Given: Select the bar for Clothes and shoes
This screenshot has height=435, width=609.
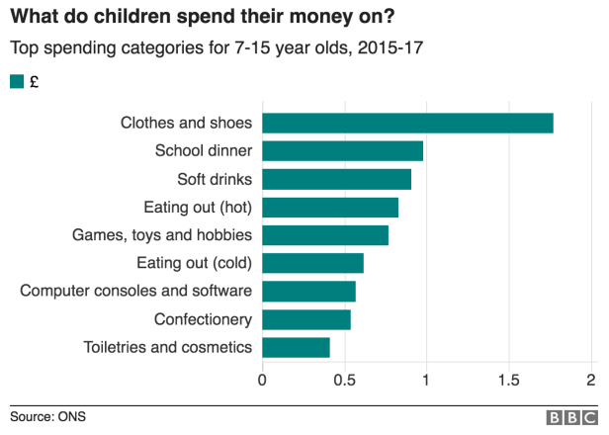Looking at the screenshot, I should [x=407, y=123].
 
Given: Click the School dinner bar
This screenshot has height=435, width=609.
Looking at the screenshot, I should [x=342, y=151].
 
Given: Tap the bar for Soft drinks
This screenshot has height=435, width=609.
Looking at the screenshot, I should [x=336, y=179].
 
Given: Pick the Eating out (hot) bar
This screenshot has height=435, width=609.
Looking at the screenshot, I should [x=330, y=208].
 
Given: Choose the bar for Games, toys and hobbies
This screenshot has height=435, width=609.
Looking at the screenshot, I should [x=325, y=235].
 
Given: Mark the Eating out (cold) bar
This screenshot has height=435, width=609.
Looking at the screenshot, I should [x=312, y=263].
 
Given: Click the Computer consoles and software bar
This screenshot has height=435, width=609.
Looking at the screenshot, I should [x=308, y=292].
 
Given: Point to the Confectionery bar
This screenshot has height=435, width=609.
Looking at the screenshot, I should [x=306, y=319].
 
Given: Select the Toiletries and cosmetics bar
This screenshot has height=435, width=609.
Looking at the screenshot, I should [x=296, y=347].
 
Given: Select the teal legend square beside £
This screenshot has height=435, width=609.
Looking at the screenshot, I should [x=16, y=82].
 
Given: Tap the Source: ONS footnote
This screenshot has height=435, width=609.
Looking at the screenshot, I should [x=47, y=416].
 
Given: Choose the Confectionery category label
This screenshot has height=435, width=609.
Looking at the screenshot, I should [x=203, y=319].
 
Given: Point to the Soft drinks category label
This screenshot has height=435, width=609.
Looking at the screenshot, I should [x=215, y=179].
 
